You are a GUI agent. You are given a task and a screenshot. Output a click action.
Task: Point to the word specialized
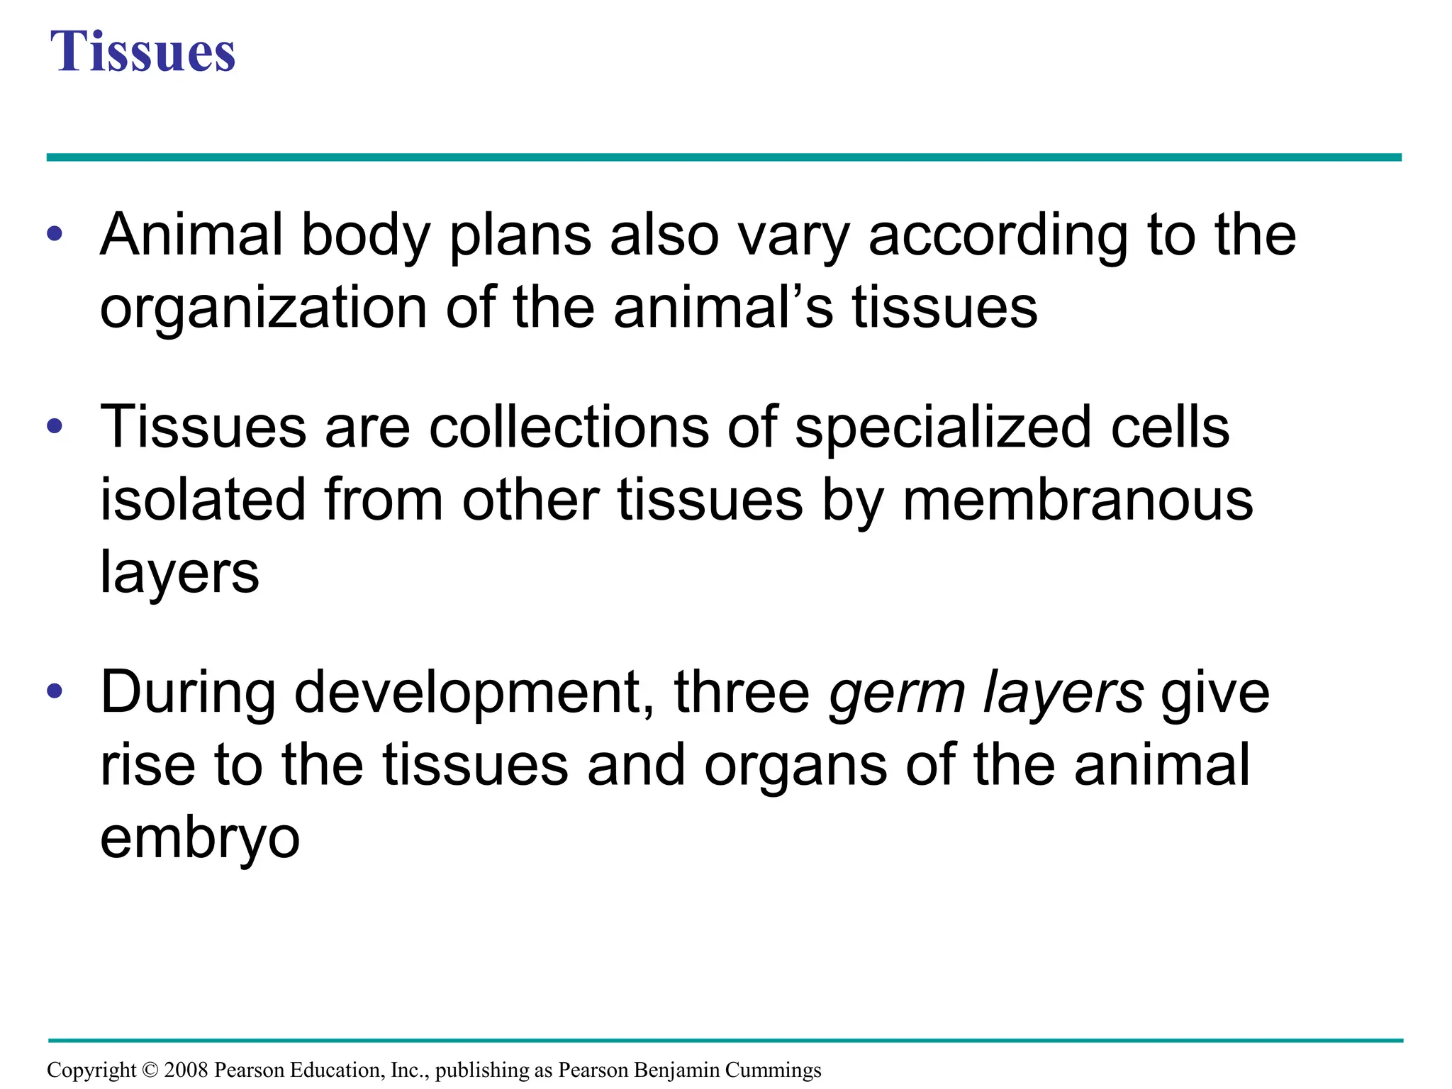coord(943,429)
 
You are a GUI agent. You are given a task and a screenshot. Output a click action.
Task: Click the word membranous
coord(1078,500)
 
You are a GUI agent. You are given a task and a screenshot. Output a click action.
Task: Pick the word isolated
coord(203,500)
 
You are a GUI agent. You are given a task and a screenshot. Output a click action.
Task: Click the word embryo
coord(200,839)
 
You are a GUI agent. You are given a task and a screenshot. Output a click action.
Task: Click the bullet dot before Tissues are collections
coord(55,426)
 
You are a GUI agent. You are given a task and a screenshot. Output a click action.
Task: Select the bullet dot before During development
coord(55,691)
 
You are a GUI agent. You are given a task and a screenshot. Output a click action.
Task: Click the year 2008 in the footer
coord(186,1070)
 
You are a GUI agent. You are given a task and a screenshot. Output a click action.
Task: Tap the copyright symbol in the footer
coord(150,1070)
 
